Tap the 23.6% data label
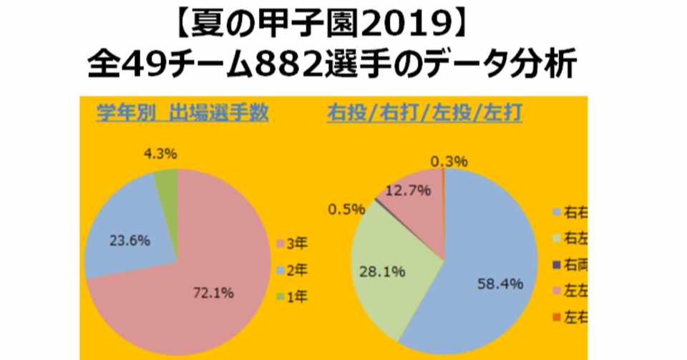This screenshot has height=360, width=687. (130, 240)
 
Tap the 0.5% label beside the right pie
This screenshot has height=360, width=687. (347, 209)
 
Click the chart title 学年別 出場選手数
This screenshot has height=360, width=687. (182, 113)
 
